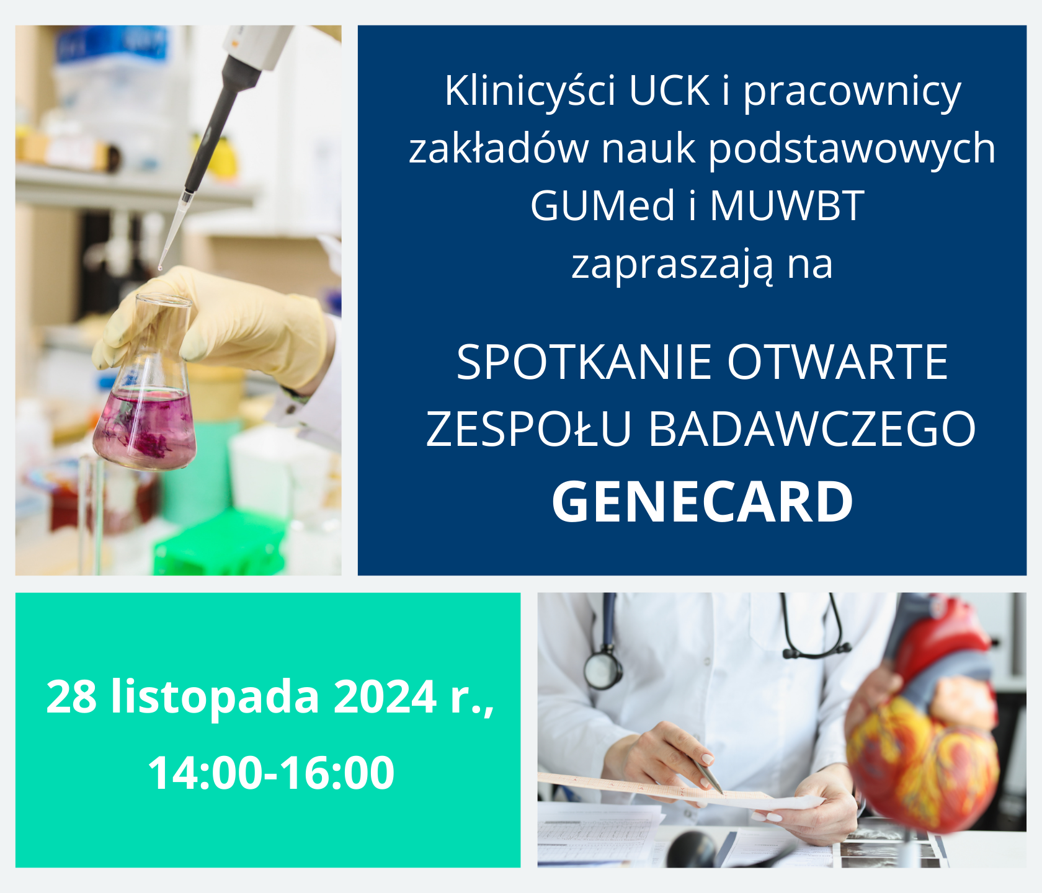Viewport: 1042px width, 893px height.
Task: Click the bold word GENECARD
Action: [x=702, y=502]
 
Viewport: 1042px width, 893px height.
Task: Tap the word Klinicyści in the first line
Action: [x=530, y=91]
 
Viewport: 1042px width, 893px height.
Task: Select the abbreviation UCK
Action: [x=669, y=91]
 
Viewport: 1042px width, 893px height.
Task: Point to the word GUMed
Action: [x=602, y=205]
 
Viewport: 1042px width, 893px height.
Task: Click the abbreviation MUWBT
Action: [x=786, y=205]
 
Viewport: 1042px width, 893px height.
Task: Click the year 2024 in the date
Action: [x=385, y=696]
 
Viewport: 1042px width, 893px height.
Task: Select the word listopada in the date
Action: [x=215, y=698]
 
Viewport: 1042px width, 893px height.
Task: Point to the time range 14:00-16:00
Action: [x=271, y=773]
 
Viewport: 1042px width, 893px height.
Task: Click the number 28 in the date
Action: [x=71, y=696]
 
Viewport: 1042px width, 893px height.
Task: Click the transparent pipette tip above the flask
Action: [x=174, y=230]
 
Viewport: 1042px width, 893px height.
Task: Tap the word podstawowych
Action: [x=852, y=149]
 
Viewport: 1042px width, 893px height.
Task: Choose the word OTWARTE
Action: [x=837, y=362]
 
